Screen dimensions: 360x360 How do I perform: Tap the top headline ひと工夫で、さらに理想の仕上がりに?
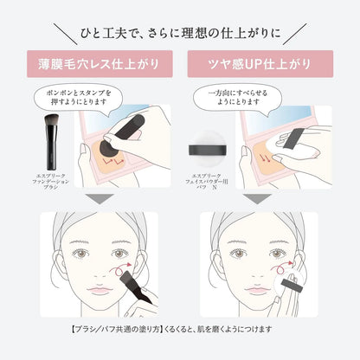click(179, 33)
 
